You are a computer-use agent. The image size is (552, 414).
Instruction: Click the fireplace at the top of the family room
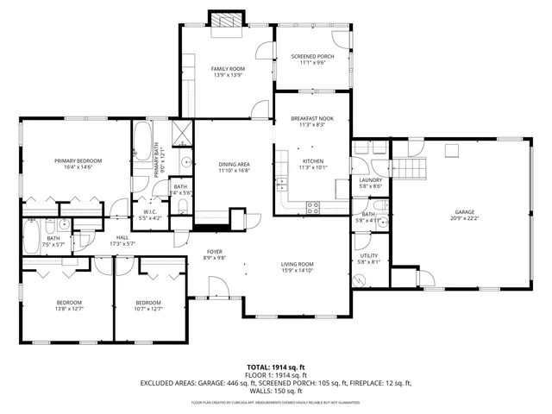227,21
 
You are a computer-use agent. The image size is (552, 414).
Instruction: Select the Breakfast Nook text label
312,119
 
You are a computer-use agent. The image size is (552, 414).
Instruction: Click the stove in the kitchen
313,206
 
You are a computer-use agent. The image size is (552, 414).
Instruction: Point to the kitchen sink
282,183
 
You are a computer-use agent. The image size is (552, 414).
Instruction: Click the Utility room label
369,256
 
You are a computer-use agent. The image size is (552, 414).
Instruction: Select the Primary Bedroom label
78,160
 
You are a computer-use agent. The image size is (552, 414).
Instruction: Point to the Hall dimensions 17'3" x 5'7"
122,244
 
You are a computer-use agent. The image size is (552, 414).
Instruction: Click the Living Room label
297,264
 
